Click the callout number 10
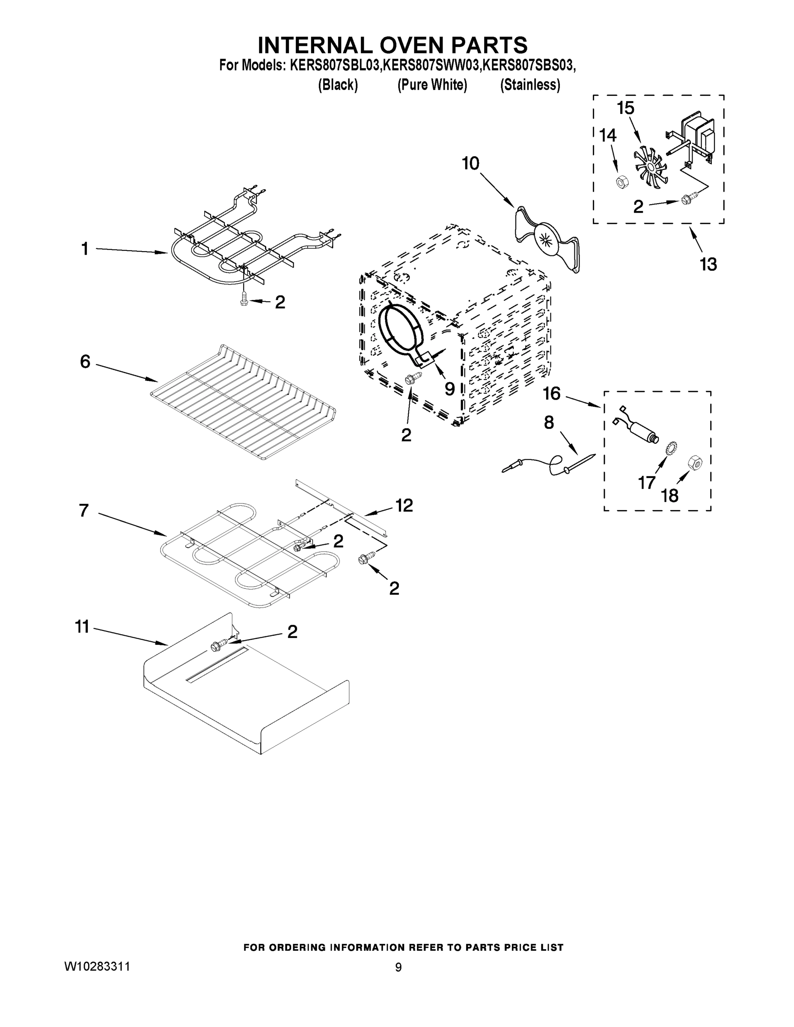pos(470,163)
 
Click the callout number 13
pos(708,265)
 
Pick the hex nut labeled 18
pos(694,462)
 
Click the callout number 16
pos(551,394)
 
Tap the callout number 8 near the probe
pos(549,423)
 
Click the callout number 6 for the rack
pos(85,362)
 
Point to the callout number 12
pos(404,505)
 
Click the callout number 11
pos(82,627)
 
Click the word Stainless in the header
pos(530,85)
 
